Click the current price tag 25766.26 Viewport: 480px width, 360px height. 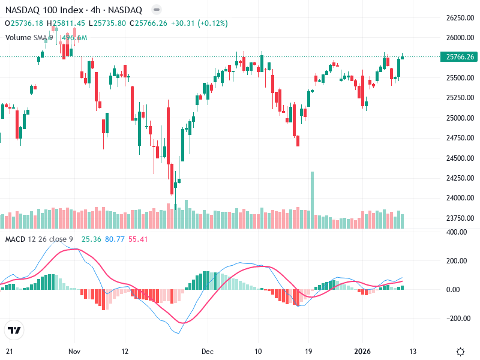(457, 57)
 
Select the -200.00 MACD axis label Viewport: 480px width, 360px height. (457, 318)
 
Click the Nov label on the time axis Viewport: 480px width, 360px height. (74, 351)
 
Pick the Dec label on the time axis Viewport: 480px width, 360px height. (208, 351)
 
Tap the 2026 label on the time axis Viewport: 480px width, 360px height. (362, 351)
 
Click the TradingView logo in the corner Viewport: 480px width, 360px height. (14, 330)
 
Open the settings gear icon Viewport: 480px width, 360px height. (460, 352)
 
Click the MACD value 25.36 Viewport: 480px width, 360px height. (91, 239)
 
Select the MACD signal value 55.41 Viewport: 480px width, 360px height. (138, 239)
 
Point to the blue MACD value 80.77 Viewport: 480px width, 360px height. (115, 239)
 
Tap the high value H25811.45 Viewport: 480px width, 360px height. (68, 23)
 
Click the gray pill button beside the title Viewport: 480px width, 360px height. (156, 10)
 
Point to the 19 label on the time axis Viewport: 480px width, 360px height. (308, 351)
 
